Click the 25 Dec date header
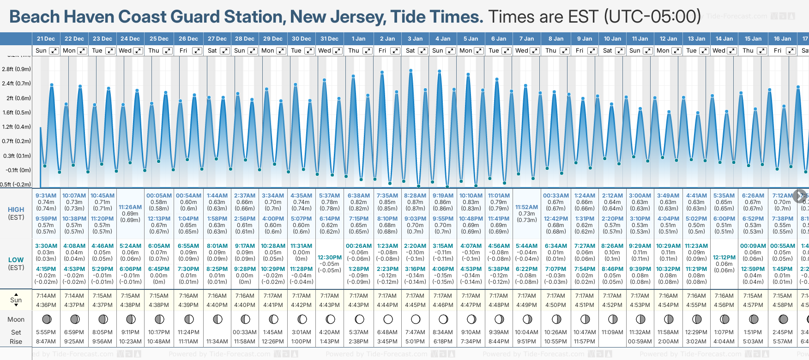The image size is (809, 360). [x=159, y=39]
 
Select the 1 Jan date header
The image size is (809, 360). [x=358, y=39]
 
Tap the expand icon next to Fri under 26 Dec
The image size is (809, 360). [x=197, y=51]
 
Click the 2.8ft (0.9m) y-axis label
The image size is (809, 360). [x=16, y=69]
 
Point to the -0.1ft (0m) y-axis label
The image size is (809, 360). [x=18, y=170]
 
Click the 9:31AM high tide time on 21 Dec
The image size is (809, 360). [x=46, y=196]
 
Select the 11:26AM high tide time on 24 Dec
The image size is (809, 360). [x=130, y=207]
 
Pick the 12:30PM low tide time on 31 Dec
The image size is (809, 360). [x=330, y=258]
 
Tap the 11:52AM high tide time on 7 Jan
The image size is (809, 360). [x=527, y=207]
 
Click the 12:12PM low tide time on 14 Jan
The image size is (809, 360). [x=724, y=258]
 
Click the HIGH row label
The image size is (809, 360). [x=16, y=210]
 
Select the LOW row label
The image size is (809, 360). [x=16, y=260]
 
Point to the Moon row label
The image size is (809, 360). [x=16, y=319]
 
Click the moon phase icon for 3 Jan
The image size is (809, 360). [x=416, y=319]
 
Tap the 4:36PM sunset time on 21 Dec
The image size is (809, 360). [x=46, y=305]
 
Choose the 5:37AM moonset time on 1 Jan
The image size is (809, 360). [x=358, y=332]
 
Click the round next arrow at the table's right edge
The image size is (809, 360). [x=800, y=196]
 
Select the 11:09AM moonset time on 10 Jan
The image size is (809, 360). [x=612, y=332]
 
